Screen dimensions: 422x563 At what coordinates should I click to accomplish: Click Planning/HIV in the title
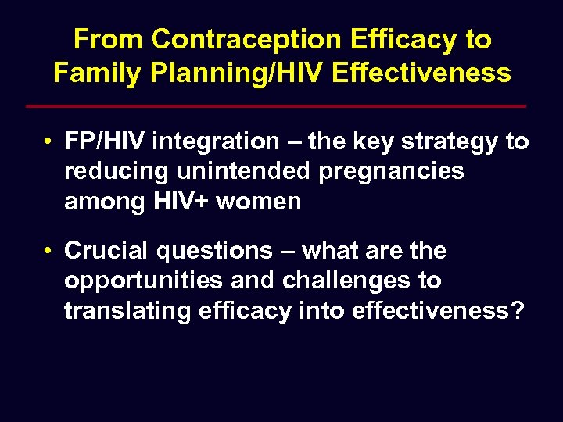point(233,73)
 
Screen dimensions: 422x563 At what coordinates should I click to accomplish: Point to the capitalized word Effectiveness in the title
point(421,73)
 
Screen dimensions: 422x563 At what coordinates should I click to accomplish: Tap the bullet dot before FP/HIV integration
point(48,142)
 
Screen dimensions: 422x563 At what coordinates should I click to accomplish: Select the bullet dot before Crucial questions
point(48,252)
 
